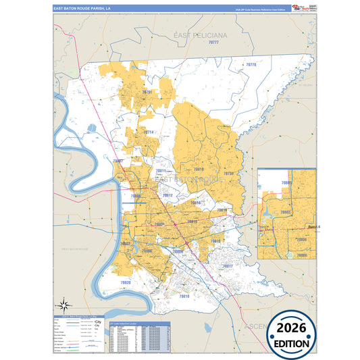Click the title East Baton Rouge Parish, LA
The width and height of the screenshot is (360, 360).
[x=83, y=9]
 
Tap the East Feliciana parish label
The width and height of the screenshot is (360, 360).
[x=200, y=34]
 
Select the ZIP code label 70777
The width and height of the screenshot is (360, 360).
[x=214, y=42]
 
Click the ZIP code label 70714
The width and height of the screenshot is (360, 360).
[x=148, y=132]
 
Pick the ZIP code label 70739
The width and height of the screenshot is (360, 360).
[x=228, y=174]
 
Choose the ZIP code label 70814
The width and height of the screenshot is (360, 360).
[x=196, y=203]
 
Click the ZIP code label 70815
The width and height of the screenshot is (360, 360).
[x=192, y=222]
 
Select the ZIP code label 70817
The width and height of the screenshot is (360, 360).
[x=227, y=266]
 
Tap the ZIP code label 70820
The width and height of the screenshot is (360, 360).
[x=126, y=282]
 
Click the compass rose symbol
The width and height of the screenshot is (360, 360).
[x=64, y=302]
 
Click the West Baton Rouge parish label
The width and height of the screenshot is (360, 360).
[x=75, y=249]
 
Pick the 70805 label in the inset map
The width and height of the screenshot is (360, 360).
[x=286, y=183]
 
